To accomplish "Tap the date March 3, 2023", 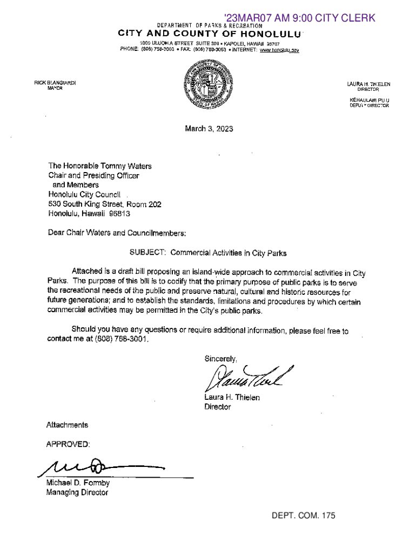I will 209,129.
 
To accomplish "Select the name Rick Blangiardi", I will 55,83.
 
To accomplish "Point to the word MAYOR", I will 55,88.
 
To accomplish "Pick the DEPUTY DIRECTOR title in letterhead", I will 369,105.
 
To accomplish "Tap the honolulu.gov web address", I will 280,50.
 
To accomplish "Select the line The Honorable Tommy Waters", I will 100,166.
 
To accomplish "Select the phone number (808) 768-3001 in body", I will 120,340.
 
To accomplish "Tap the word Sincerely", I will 220,359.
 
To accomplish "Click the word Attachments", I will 68,425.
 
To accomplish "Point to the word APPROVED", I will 68,444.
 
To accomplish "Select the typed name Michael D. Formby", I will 79,483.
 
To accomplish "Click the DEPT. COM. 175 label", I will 304,516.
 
